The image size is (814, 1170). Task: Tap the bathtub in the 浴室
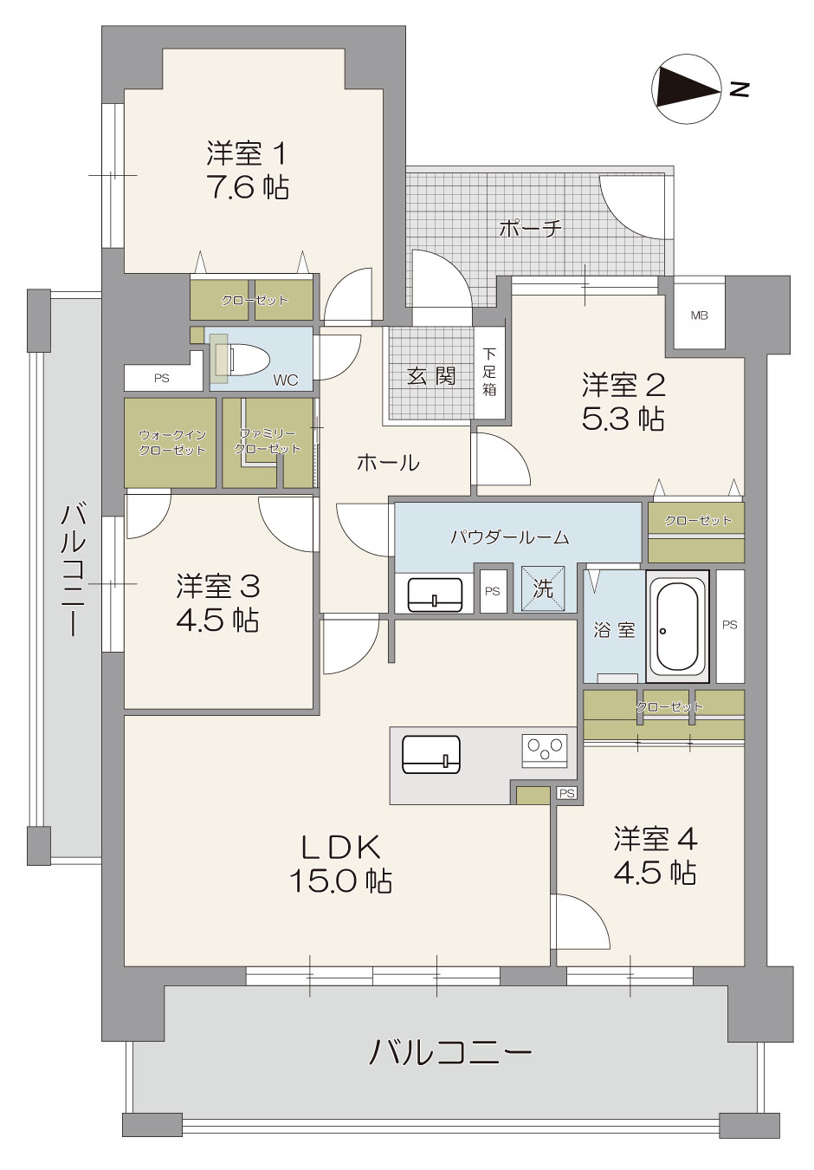(x=677, y=627)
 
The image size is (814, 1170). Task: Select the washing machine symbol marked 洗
(x=543, y=588)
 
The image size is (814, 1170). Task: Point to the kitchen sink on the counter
(x=431, y=754)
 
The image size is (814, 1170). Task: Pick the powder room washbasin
(x=434, y=594)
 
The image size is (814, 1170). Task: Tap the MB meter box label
(x=699, y=315)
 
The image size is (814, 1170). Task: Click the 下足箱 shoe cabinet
(x=489, y=372)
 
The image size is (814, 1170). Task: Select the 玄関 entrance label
(x=431, y=375)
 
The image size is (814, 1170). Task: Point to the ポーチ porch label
(x=530, y=228)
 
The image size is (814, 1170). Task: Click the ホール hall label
(x=388, y=462)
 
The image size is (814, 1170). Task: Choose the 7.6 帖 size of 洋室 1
(x=248, y=186)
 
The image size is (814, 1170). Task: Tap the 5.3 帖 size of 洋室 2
(x=623, y=418)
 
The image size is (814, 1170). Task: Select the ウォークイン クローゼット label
(x=171, y=442)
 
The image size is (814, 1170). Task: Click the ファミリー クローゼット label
(x=268, y=441)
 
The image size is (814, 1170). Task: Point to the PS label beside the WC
(x=162, y=378)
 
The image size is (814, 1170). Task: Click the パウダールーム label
(x=510, y=537)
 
